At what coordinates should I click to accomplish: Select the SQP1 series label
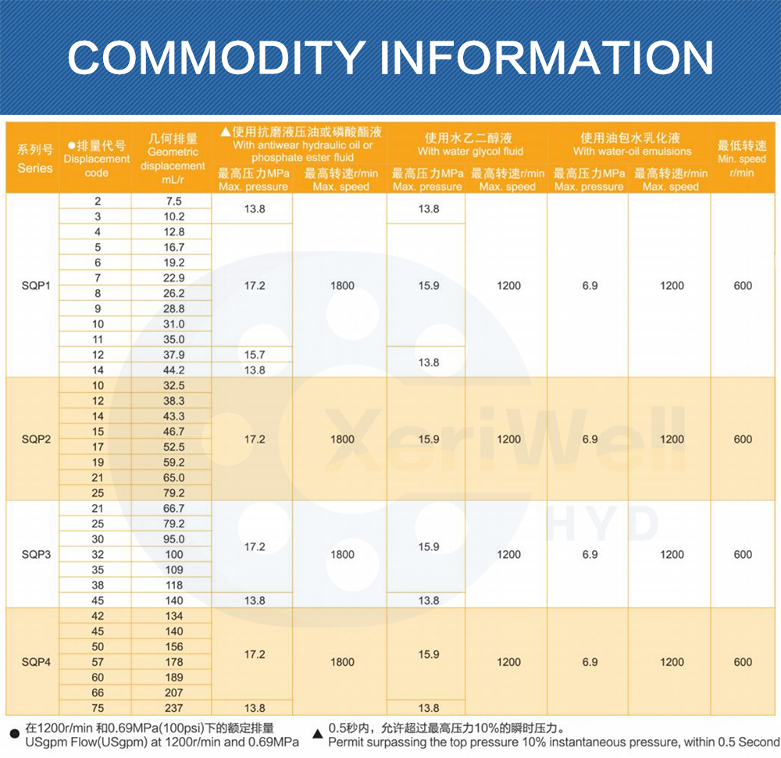click(x=36, y=285)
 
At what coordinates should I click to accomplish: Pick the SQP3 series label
click(x=36, y=554)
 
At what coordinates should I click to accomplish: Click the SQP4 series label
click(x=36, y=662)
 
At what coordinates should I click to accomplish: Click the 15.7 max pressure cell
click(x=255, y=355)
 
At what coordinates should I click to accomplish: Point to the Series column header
click(x=35, y=158)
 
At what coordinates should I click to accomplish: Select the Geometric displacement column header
click(x=173, y=158)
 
